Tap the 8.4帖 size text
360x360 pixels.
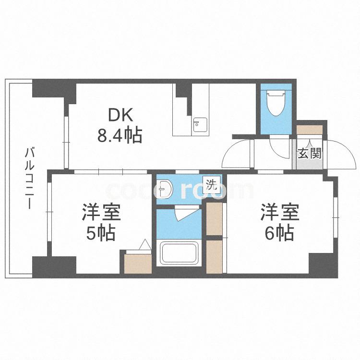coord(120,136)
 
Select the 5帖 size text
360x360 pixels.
coord(101,233)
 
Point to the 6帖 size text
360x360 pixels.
coord(279,233)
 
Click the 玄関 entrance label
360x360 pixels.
coord(310,154)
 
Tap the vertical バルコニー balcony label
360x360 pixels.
coord(30,179)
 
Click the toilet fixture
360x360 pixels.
coord(276,103)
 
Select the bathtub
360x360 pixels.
coord(179,253)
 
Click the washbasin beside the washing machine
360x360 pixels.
coord(164,189)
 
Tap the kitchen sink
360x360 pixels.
coord(200,125)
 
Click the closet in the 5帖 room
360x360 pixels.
coord(138,264)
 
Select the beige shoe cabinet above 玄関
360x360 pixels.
coord(310,130)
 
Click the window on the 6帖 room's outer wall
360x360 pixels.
coord(336,217)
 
